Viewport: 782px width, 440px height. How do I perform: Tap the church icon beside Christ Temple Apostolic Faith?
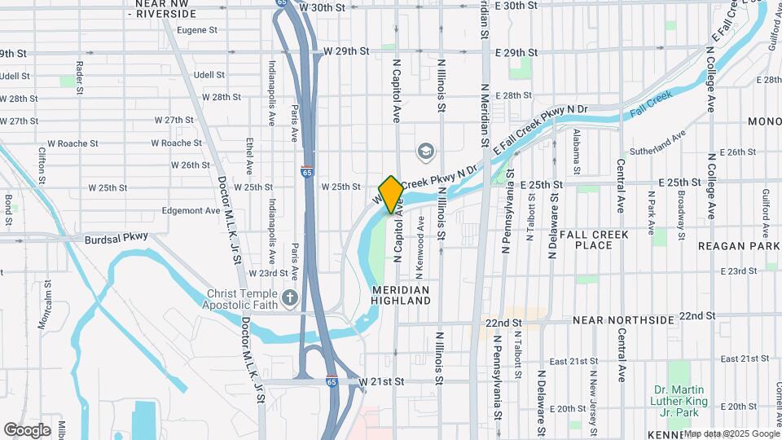[289, 300]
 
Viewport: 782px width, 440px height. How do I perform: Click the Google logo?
[27, 430]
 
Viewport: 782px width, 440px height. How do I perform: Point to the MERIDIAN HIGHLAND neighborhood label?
[401, 295]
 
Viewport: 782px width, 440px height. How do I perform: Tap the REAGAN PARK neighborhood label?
[739, 245]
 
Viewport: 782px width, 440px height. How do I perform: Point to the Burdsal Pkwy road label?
[117, 239]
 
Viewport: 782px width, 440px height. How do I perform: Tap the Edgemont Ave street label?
[192, 210]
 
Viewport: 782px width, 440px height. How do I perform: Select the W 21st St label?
[381, 381]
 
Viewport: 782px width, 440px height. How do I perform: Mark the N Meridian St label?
[485, 110]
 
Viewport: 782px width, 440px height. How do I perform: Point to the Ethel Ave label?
[249, 157]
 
